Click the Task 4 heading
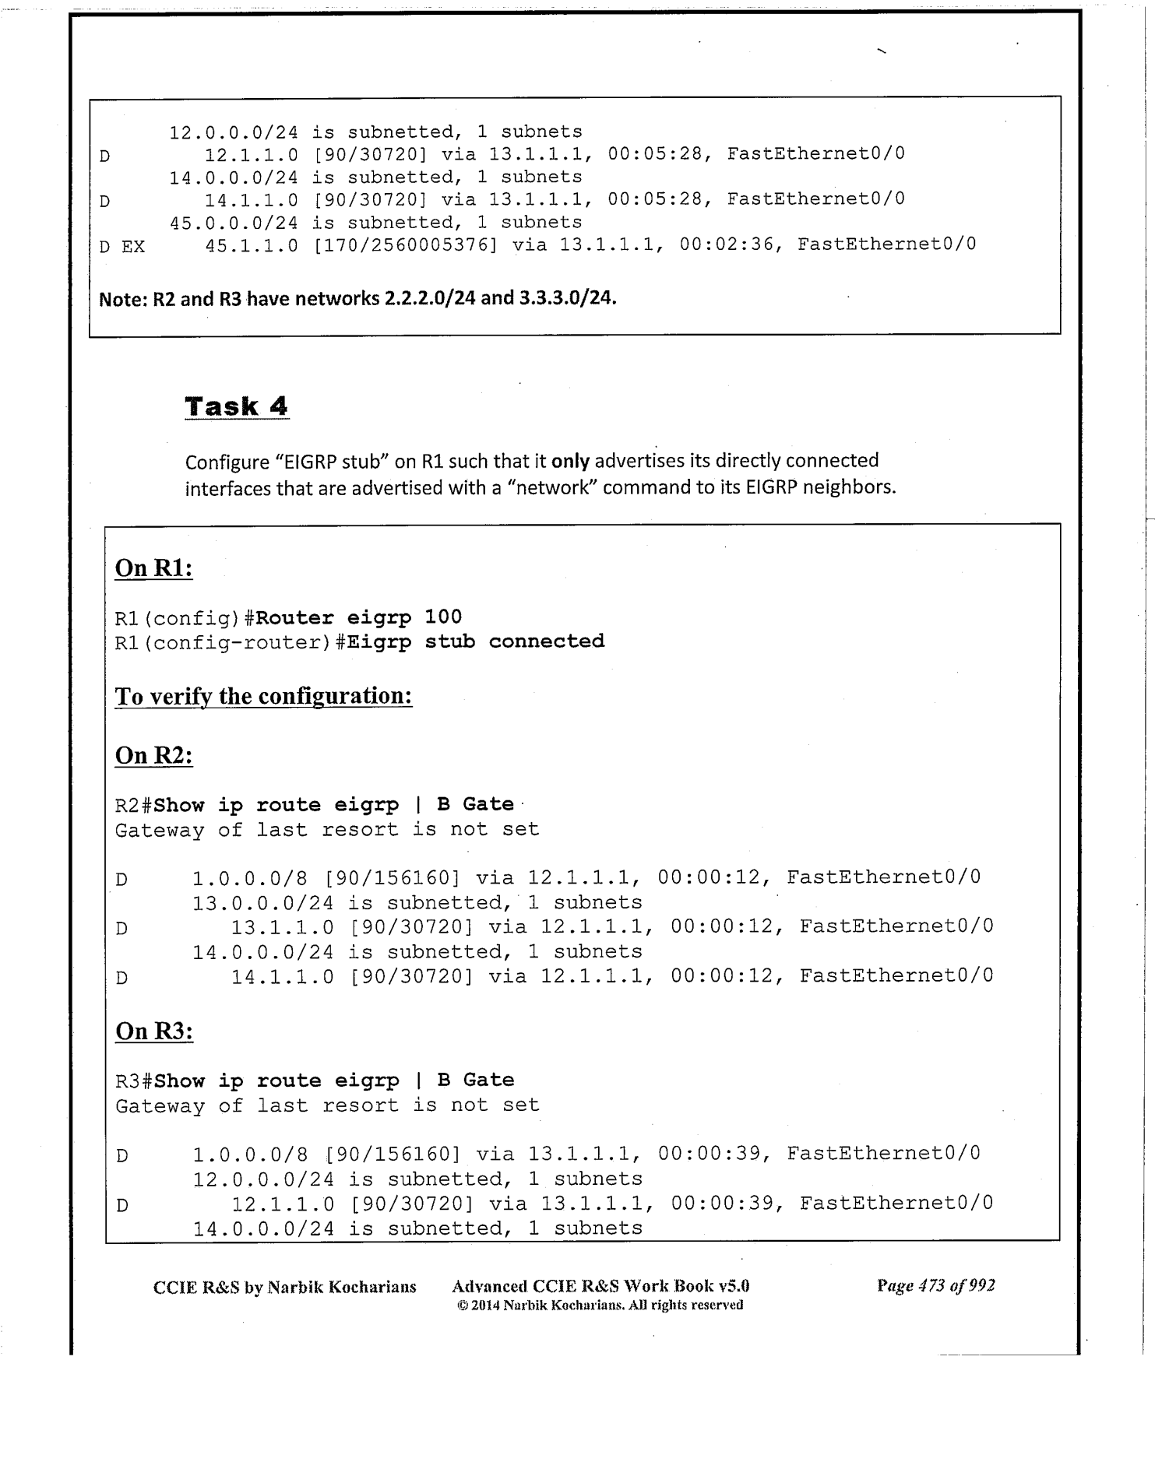coord(237,406)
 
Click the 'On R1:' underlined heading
coord(153,568)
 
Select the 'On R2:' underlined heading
coord(153,755)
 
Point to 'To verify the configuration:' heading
coord(263,695)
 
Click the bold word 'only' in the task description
coord(570,461)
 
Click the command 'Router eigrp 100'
coord(359,617)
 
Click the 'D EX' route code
coord(121,247)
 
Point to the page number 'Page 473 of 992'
coord(935,1285)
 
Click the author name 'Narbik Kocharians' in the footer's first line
coord(342,1287)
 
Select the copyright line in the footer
coord(600,1305)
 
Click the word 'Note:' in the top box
coord(123,299)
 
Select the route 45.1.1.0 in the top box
coord(251,244)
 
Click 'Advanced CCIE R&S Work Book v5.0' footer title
coord(600,1286)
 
